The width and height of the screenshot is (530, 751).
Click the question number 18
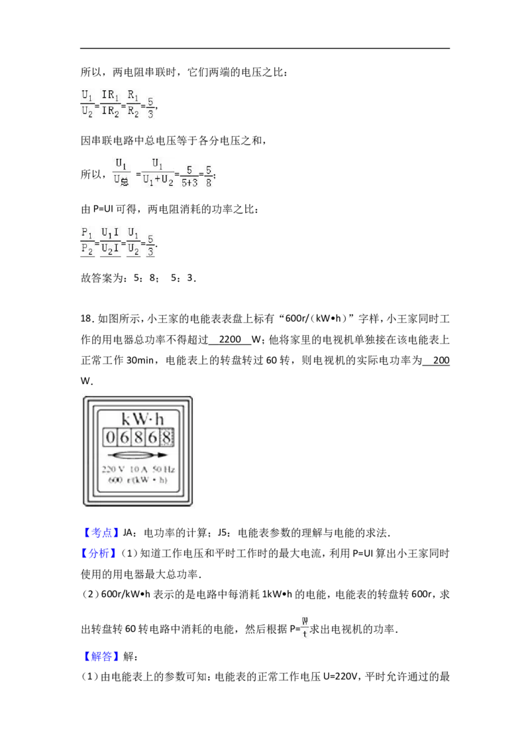point(87,318)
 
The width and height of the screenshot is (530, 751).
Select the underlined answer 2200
point(230,340)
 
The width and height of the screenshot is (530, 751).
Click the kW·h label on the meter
point(142,419)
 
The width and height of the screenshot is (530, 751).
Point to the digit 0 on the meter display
point(111,437)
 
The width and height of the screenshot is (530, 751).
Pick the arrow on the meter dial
point(137,455)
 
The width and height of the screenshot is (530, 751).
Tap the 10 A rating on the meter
point(138,470)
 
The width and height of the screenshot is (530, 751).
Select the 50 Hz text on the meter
point(164,470)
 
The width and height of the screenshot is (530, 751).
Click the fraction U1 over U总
point(121,173)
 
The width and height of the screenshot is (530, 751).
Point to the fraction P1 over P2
point(87,242)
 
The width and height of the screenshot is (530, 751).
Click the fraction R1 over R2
point(133,104)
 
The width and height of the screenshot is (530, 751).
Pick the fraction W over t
point(305,627)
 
